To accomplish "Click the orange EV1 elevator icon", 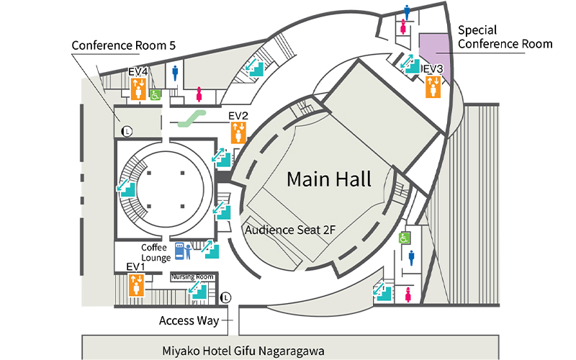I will click(x=138, y=285).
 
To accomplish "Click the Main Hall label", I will click(x=329, y=179).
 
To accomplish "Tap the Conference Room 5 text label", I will click(x=123, y=45).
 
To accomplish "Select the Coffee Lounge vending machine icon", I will click(x=179, y=251).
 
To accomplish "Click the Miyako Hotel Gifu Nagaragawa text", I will click(x=243, y=350).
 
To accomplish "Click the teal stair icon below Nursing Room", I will click(x=197, y=290).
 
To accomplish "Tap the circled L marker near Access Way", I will click(x=227, y=297).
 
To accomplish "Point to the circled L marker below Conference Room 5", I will click(x=127, y=131).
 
